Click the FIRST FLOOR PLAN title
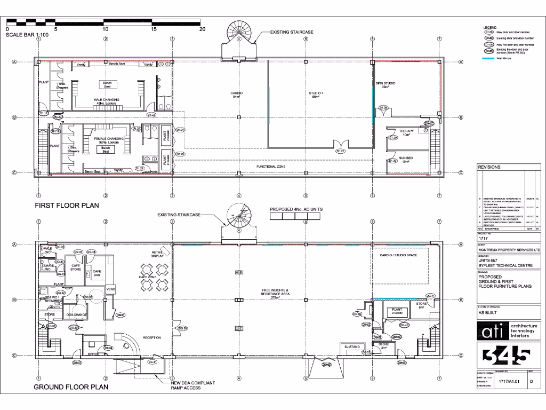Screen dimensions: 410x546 point(67,206)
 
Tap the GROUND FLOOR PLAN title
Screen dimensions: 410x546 point(71,387)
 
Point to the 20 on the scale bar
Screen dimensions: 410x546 point(202,30)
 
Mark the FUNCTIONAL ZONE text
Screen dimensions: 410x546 point(271,167)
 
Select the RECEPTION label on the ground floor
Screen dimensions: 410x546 point(151,337)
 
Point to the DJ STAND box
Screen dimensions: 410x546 point(353,348)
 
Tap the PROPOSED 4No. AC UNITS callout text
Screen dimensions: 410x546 point(296,209)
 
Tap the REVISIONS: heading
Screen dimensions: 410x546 point(490,167)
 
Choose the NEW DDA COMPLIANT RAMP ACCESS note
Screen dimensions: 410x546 point(186,385)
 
